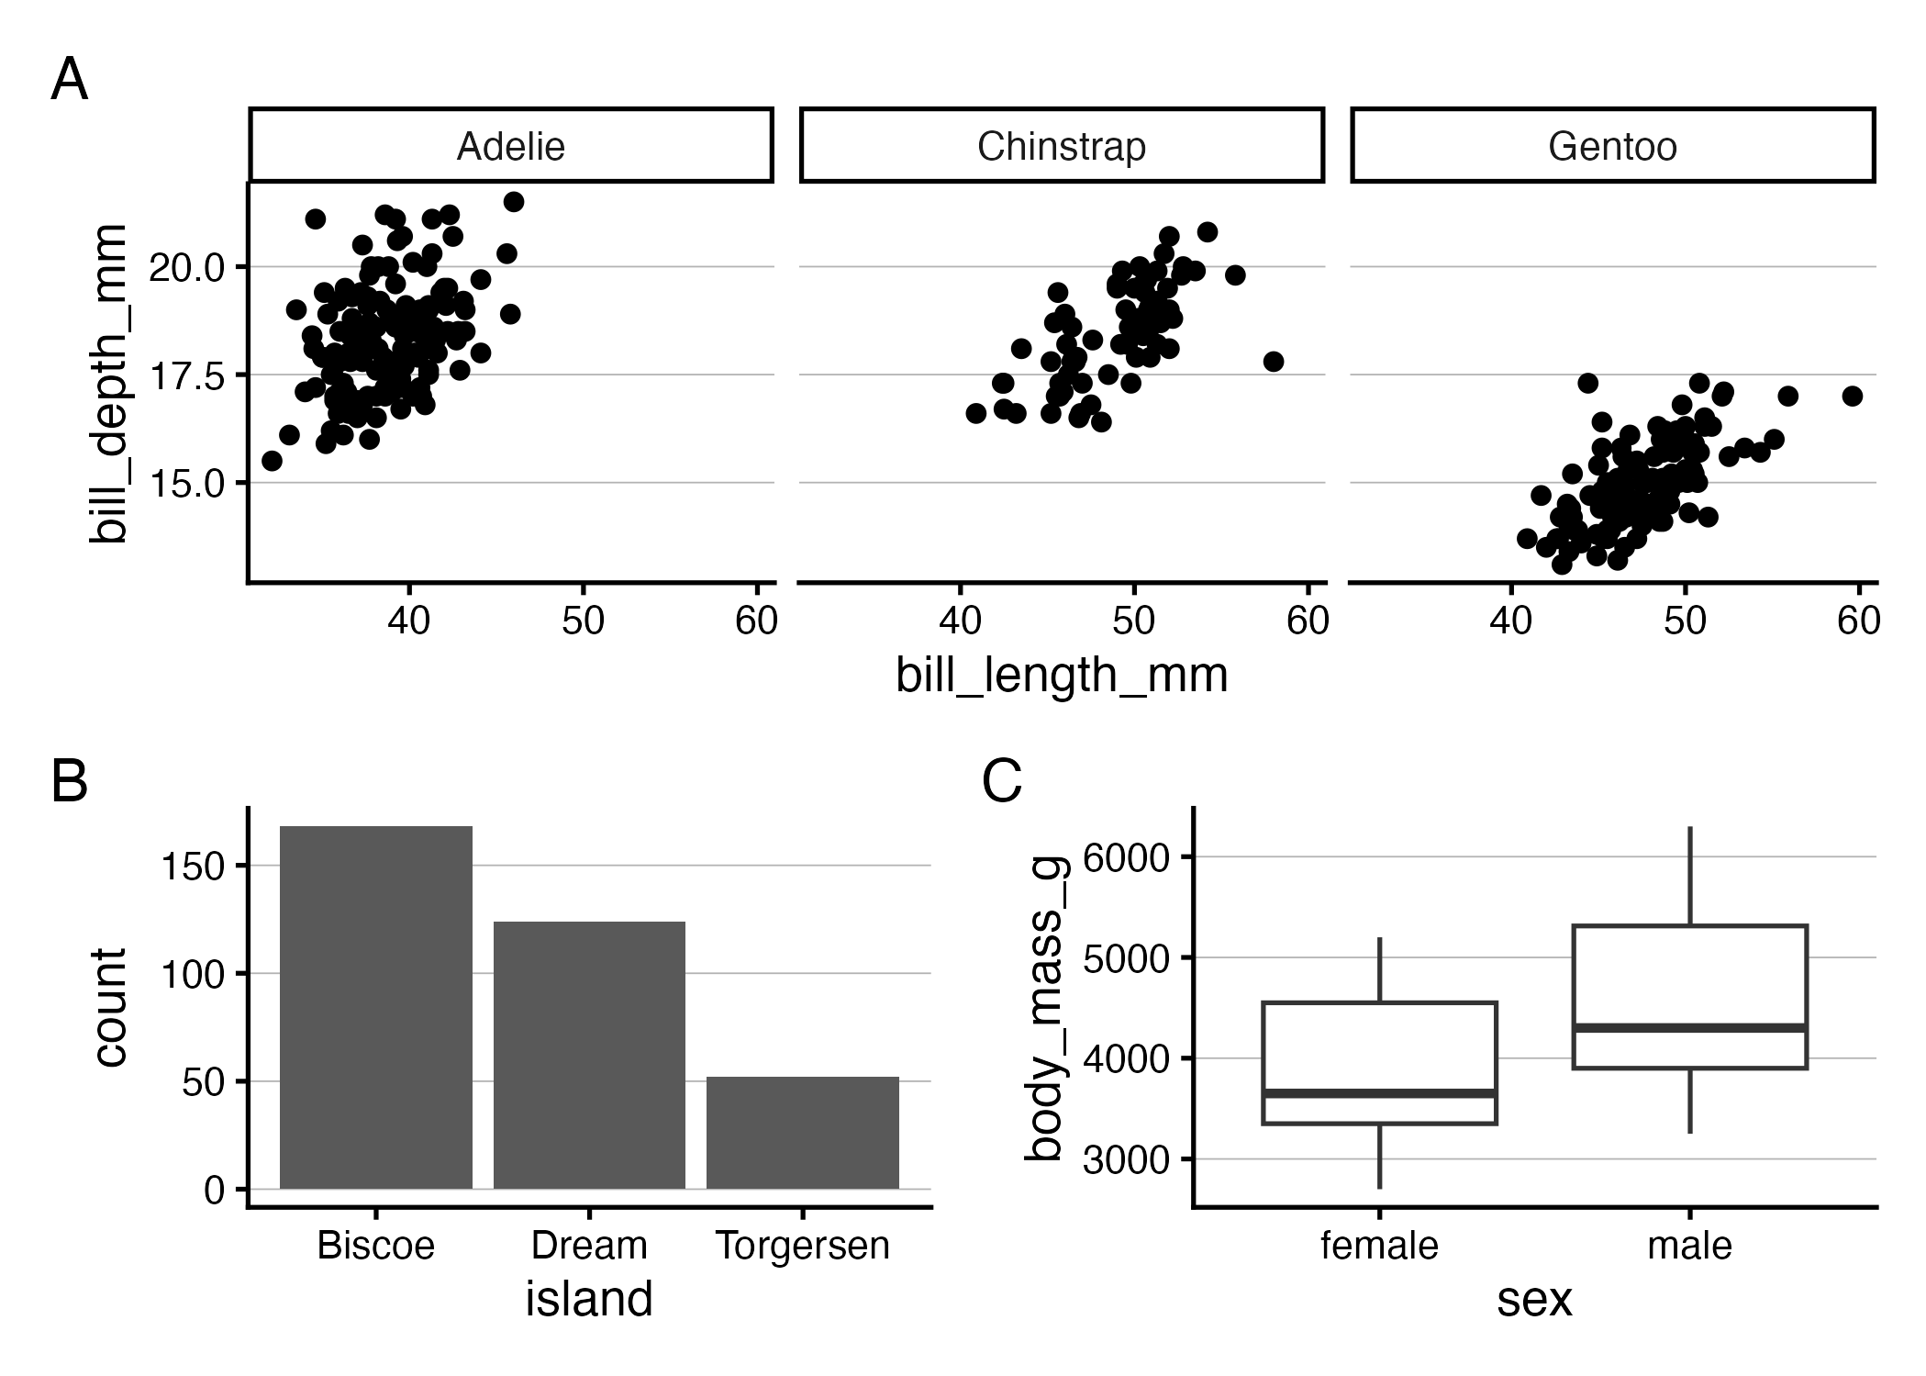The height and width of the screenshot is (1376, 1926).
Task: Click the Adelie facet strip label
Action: point(510,147)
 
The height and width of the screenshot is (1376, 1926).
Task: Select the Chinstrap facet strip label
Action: point(1061,147)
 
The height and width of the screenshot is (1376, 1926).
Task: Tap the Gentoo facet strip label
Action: point(1612,147)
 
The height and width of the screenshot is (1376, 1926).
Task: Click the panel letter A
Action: point(69,81)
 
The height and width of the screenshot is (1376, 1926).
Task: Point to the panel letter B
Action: point(69,782)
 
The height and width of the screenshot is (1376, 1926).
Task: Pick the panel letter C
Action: point(1001,782)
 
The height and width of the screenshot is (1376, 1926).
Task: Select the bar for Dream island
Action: point(589,1055)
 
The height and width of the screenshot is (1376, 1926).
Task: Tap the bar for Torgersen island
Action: point(803,1133)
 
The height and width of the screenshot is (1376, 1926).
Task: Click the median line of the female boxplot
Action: point(1379,1093)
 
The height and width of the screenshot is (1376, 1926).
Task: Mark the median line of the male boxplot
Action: point(1689,1027)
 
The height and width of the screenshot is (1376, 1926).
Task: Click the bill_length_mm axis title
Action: point(1062,676)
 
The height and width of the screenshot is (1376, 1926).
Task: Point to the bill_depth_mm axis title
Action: point(108,383)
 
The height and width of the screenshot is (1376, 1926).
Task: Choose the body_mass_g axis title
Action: point(1044,1007)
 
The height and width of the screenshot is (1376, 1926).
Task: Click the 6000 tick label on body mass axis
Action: point(1126,858)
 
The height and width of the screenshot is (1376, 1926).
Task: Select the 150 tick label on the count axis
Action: point(192,867)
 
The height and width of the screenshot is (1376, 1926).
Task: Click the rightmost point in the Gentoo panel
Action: point(1852,396)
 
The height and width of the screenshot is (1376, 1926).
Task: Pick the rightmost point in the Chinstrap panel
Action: point(1273,362)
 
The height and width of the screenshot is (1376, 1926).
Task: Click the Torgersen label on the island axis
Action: point(803,1247)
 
